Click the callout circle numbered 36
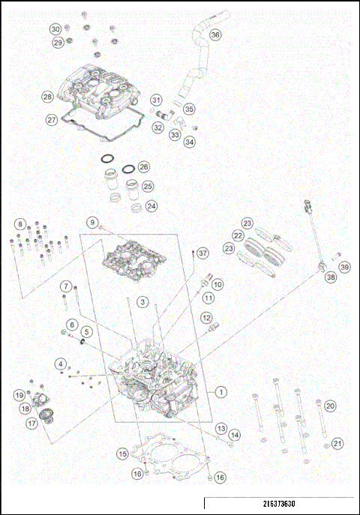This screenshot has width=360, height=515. [214, 34]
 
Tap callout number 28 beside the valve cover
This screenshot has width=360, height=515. [47, 97]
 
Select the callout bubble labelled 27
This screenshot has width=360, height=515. [51, 120]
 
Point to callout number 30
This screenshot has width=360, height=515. [55, 28]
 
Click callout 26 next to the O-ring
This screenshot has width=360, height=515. [143, 167]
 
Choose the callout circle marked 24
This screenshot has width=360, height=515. [151, 205]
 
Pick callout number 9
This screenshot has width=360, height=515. [92, 223]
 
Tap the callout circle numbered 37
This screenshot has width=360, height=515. [202, 254]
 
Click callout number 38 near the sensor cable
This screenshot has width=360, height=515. [331, 277]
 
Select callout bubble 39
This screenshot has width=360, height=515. [344, 267]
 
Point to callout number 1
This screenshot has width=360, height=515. [220, 391]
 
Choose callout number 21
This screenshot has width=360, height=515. [337, 443]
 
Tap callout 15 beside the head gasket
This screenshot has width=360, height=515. [121, 454]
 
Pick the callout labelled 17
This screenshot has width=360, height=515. [32, 423]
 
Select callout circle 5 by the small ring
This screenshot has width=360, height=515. [86, 331]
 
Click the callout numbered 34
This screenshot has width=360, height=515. [189, 141]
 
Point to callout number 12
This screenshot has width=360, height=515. [205, 318]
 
